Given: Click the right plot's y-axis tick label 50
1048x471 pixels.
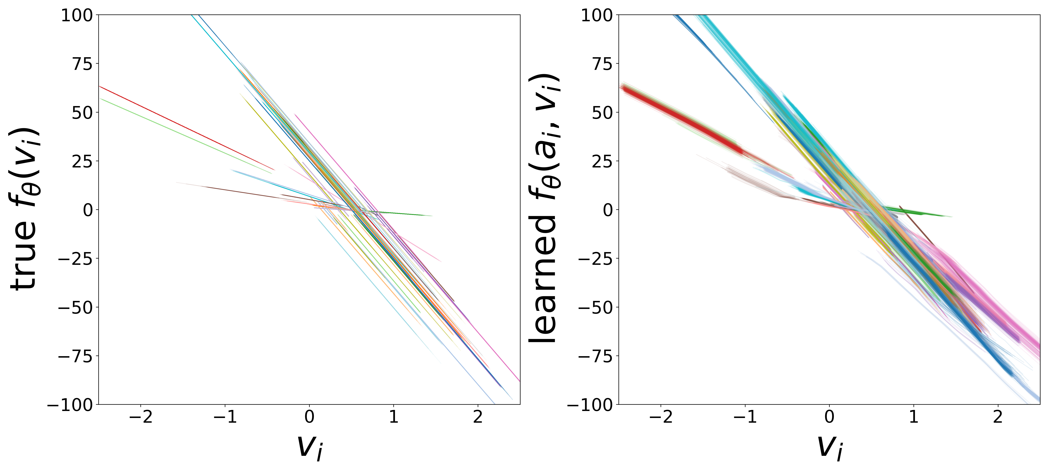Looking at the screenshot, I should [602, 113].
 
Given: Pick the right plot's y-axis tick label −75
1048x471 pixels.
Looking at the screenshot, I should [595, 356].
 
